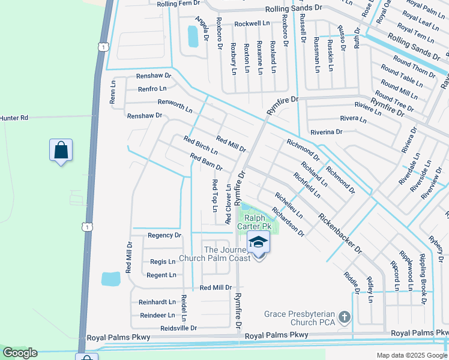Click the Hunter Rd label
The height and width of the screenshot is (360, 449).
coord(14,118)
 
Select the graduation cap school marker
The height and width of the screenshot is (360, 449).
coord(259,243)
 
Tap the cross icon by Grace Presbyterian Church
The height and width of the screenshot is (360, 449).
coord(344,316)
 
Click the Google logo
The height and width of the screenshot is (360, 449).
coord(19,353)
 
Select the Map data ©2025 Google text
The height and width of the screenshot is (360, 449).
coord(411,355)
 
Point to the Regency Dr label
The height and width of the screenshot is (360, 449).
coord(164,236)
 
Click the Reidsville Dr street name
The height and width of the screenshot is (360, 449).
coord(178,328)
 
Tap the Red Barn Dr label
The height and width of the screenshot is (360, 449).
coord(206,162)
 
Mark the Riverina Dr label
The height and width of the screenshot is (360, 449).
coord(326,131)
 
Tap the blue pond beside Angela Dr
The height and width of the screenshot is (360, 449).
coord(193,36)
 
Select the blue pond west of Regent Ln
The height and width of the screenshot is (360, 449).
coord(110,279)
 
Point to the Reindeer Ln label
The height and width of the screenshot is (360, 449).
coord(157,315)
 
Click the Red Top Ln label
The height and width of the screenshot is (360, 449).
coord(214,196)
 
